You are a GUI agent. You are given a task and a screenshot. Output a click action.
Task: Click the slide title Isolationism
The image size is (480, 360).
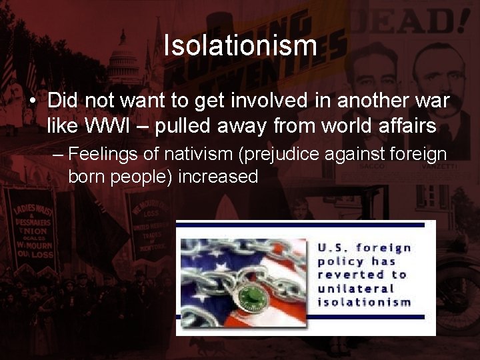point(240,46)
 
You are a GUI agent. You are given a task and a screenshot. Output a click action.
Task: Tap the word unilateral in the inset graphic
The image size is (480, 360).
point(355,289)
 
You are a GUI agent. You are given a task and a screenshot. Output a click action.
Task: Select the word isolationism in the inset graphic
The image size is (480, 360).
point(364,302)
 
